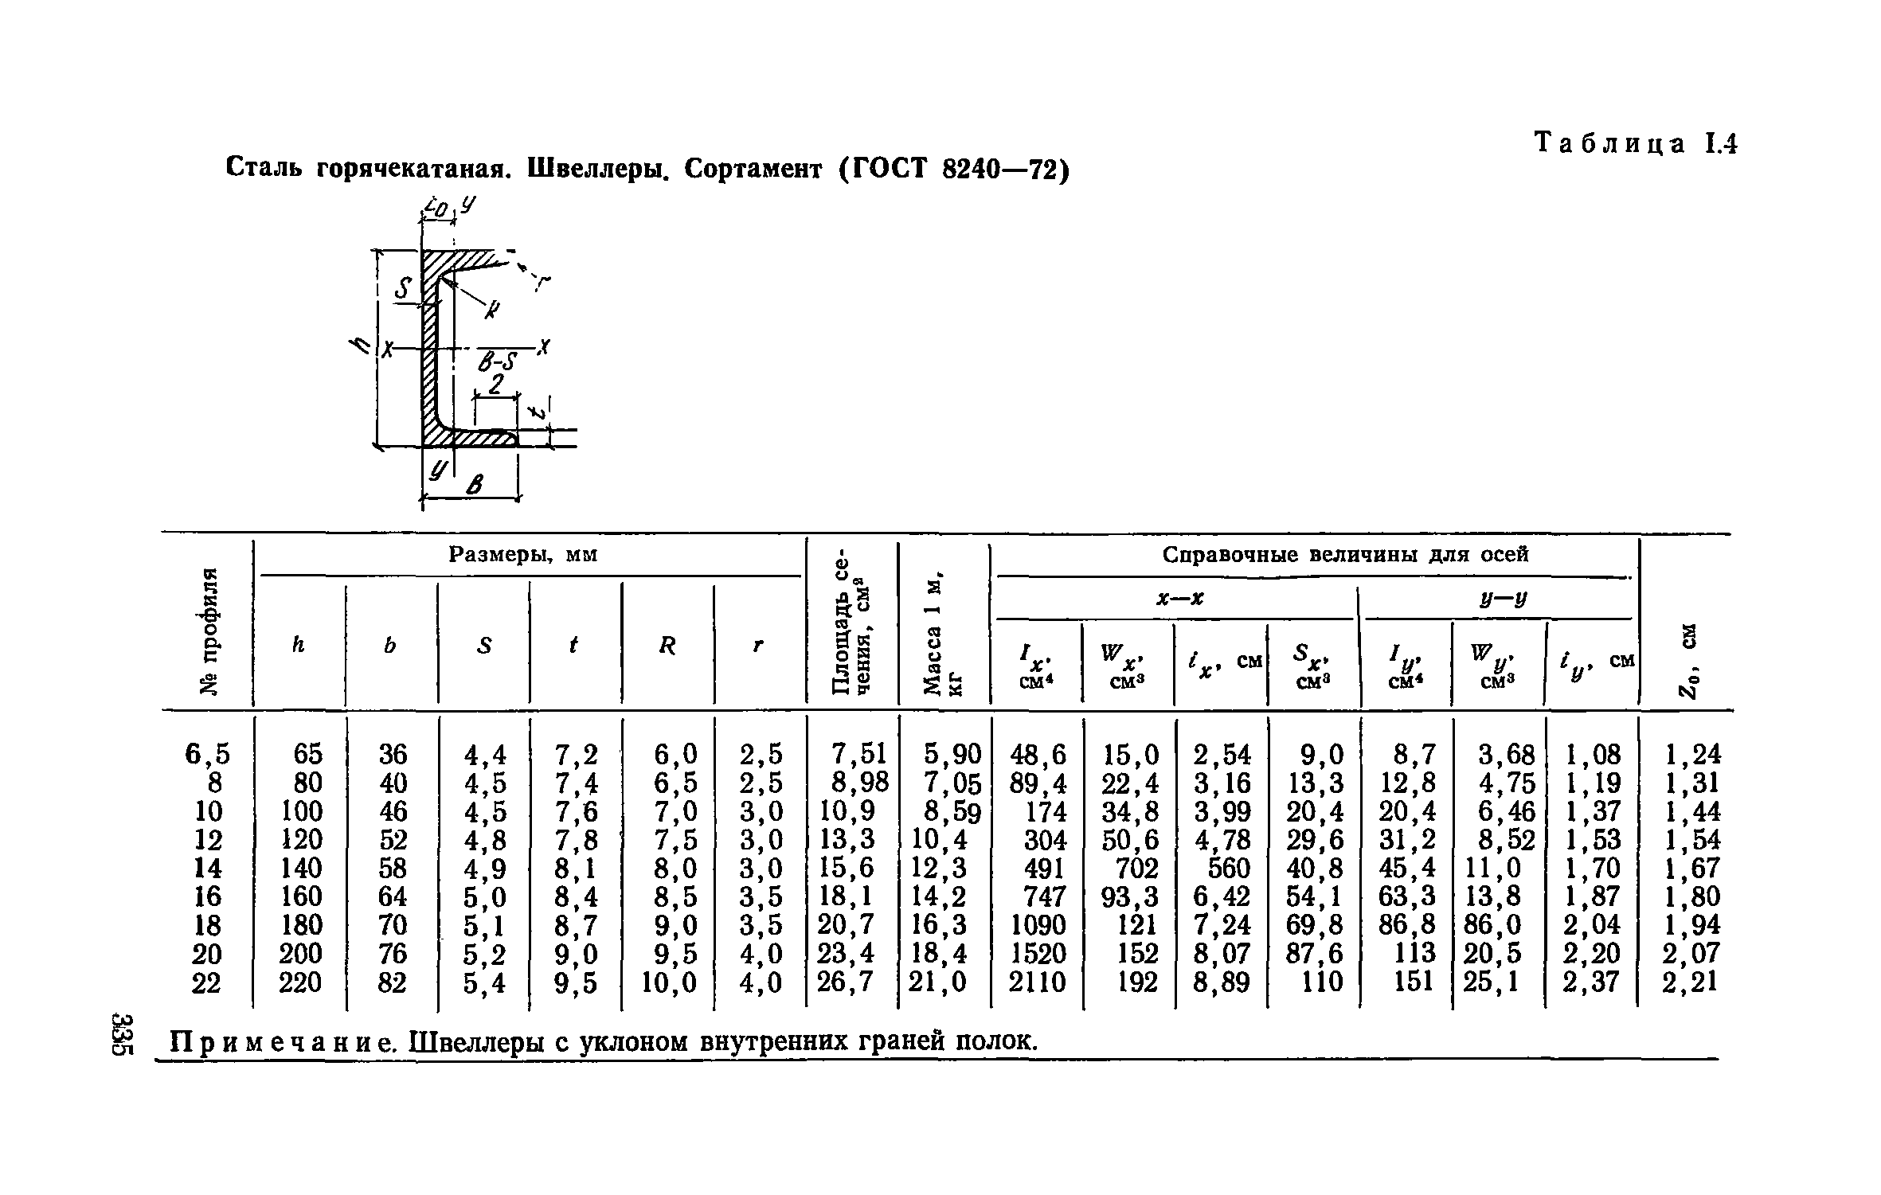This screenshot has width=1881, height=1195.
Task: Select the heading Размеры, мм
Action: click(522, 553)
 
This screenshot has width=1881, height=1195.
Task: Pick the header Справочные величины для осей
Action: click(1345, 554)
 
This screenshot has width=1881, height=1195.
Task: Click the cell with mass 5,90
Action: click(952, 754)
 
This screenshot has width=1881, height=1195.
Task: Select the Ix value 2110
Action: click(1037, 982)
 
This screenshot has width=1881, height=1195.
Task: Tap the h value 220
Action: click(300, 982)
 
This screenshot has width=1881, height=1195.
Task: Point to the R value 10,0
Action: click(669, 982)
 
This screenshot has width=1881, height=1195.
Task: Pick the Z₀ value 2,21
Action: click(1691, 982)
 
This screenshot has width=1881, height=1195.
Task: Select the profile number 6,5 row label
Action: click(207, 754)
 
